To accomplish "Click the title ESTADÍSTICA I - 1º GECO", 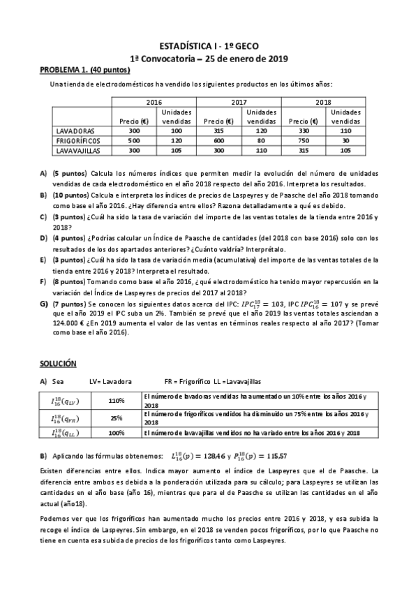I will pos(209,45).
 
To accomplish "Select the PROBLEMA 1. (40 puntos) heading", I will pos(84,70).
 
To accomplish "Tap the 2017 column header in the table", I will pos(239,102).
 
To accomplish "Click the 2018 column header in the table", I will pos(323,102).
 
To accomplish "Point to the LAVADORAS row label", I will pos(75,131).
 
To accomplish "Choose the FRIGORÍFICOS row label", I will pos(77,140).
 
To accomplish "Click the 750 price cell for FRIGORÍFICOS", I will pos(302,140).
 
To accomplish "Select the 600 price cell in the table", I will pos(218,140).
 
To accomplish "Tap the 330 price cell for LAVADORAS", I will pos(302,131).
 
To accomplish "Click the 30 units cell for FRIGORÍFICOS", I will pos(345,140).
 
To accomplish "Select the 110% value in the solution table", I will pos(116,401).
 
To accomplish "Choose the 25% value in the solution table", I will pos(116,418).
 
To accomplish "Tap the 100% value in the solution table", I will pos(116,433).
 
